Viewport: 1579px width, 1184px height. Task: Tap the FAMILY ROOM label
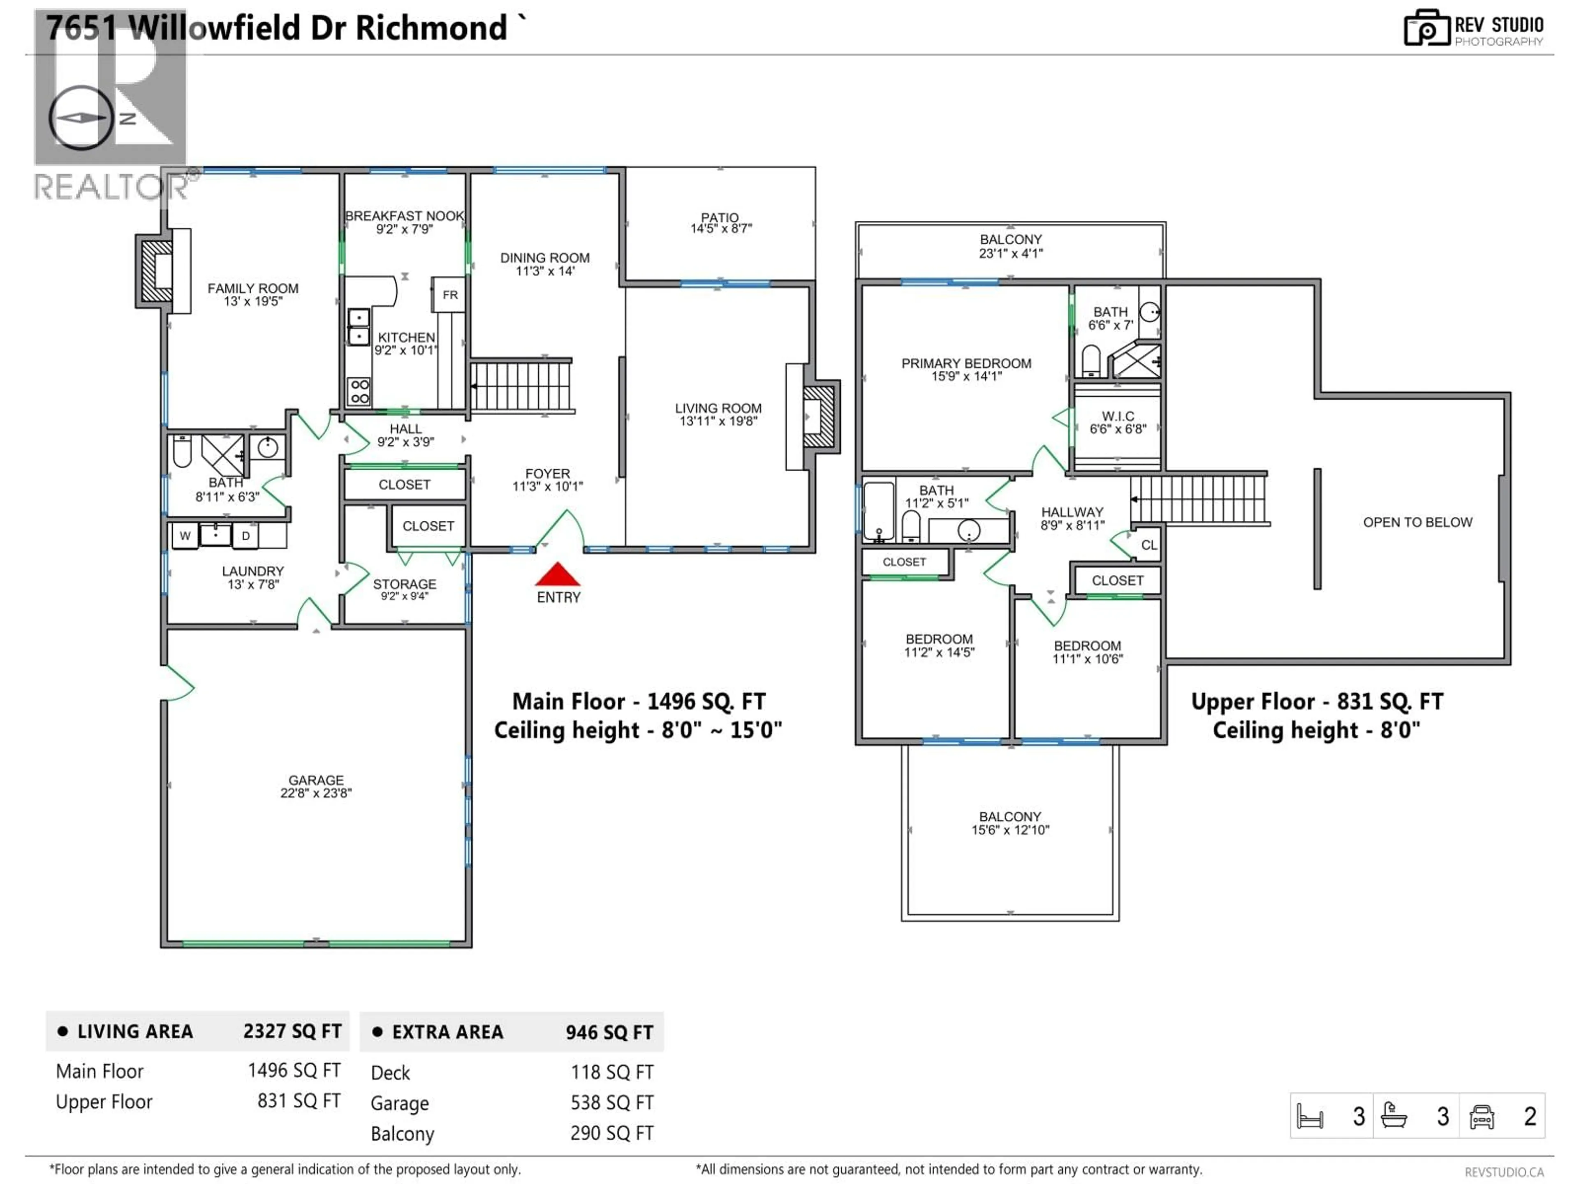click(x=253, y=288)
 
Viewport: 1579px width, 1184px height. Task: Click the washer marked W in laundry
click(x=185, y=535)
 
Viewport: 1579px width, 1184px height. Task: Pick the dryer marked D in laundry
click(x=245, y=535)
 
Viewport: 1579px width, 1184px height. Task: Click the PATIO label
click(x=720, y=217)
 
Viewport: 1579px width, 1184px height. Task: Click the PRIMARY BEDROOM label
click(x=966, y=363)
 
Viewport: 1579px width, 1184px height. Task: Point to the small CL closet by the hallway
click(x=1148, y=545)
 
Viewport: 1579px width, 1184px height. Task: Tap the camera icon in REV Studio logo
click(x=1426, y=28)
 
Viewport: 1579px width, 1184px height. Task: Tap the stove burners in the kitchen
click(x=359, y=391)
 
